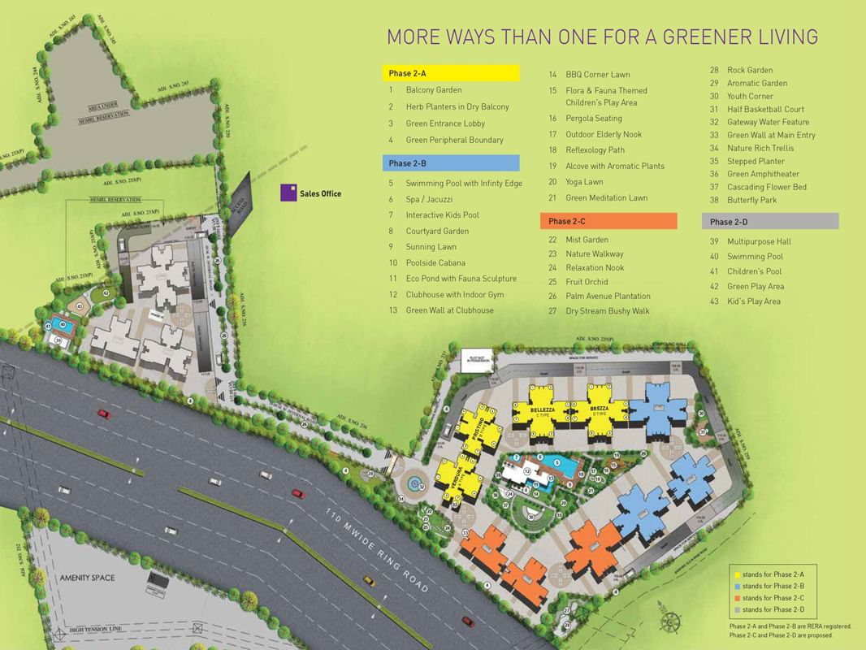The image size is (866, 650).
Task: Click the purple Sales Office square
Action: click(x=288, y=193)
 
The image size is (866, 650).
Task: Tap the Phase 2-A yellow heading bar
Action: click(x=451, y=73)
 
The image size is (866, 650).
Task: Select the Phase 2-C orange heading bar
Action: click(x=608, y=221)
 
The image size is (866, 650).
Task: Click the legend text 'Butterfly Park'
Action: click(x=751, y=200)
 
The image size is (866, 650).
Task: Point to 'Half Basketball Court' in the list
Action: click(x=765, y=109)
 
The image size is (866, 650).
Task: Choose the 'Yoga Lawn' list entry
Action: click(x=584, y=182)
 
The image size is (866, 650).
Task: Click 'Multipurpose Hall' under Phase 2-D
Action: click(x=759, y=241)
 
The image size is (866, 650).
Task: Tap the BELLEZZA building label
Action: click(x=542, y=411)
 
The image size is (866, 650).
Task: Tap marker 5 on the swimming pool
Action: click(x=557, y=463)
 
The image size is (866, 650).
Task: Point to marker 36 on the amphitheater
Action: click(x=530, y=515)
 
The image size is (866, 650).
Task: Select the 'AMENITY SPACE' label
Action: click(x=87, y=578)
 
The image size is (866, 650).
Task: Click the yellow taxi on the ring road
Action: click(x=367, y=580)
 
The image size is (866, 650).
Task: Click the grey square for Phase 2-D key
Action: click(x=736, y=609)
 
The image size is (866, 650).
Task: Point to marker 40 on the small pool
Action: click(x=61, y=324)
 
